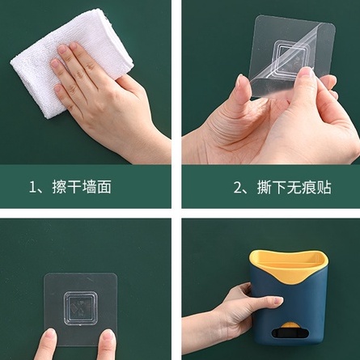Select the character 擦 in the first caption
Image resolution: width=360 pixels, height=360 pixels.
66,188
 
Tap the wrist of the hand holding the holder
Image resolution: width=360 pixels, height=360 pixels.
202,344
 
